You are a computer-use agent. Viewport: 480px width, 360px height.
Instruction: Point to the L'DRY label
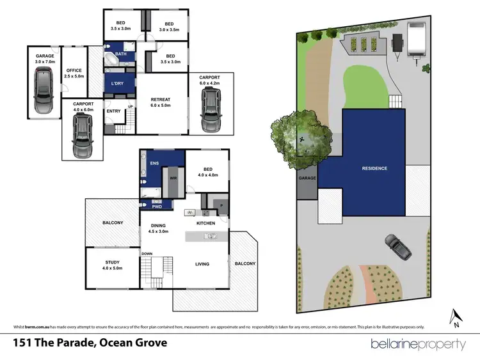pos(118,84)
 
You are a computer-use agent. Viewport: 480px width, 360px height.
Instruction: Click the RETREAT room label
pos(160,102)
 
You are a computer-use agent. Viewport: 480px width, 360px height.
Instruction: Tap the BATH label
pos(122,54)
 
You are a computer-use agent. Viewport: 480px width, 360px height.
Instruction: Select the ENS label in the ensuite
pos(154,164)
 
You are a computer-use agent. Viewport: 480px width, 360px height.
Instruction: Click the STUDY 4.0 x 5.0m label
pos(113,265)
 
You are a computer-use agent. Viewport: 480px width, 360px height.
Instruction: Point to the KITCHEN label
pos(205,223)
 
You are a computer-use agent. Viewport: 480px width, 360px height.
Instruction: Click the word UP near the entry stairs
pos(131,106)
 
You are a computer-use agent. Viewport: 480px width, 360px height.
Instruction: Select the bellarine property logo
pos(419,344)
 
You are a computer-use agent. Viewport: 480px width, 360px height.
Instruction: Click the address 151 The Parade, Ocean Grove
pos(90,343)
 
